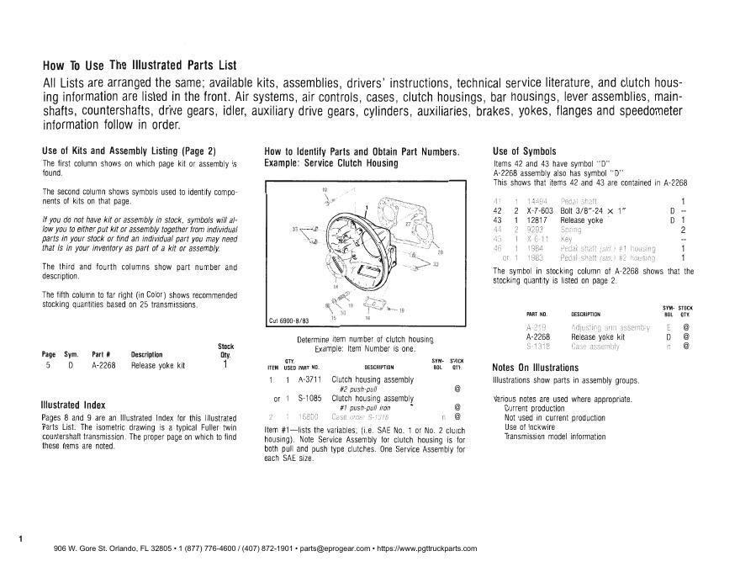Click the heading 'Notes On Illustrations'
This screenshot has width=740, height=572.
coord(535,368)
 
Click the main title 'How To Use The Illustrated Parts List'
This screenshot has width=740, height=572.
coord(140,66)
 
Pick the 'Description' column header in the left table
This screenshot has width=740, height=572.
coord(147,354)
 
